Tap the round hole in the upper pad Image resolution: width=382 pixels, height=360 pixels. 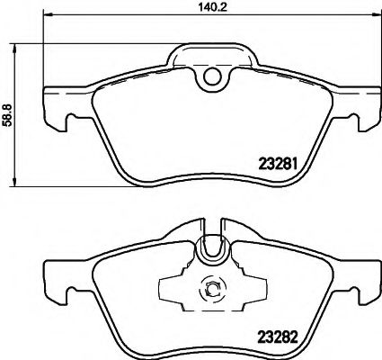tap(212, 78)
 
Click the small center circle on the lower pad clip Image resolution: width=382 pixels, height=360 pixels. tap(212, 288)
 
